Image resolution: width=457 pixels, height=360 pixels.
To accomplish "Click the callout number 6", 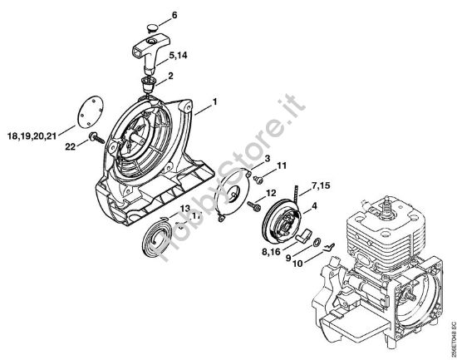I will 174,14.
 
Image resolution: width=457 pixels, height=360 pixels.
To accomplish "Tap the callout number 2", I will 170,76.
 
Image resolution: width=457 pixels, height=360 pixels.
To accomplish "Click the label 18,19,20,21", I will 32,133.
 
